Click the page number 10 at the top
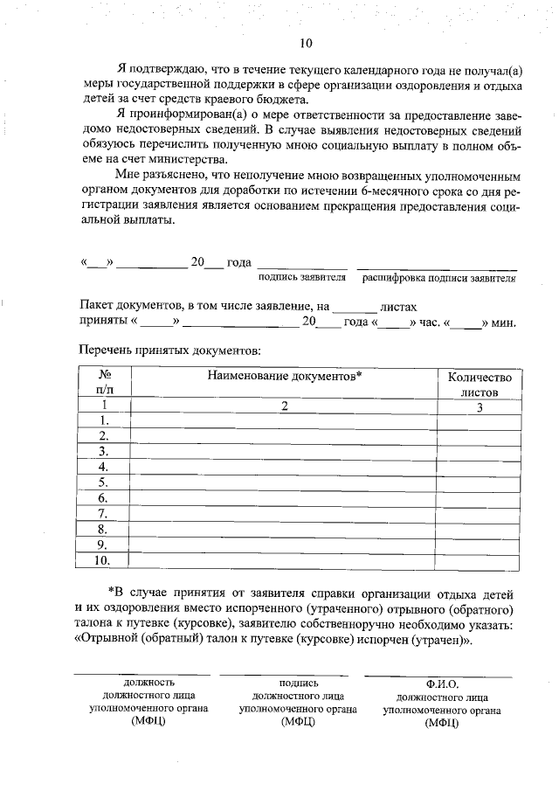tap(305, 43)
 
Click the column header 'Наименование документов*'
tap(284, 376)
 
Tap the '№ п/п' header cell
tap(103, 385)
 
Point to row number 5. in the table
tap(103, 482)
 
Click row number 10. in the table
tap(103, 560)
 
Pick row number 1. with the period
tap(103, 420)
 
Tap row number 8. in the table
tap(103, 530)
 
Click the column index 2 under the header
tap(284, 406)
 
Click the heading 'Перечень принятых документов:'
tap(169, 351)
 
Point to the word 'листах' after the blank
tap(399, 308)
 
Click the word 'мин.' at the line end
tap(504, 323)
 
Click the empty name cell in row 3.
tap(284, 451)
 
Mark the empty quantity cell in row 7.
tap(480, 514)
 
